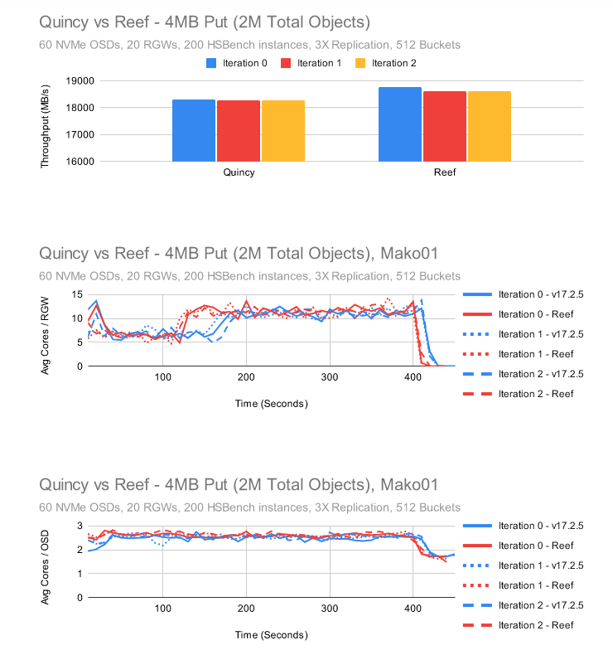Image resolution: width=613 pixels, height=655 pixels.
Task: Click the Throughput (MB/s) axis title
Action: point(46,121)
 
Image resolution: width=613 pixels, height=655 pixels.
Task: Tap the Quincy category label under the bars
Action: point(239,174)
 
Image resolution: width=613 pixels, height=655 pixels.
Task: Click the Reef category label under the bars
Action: point(445,174)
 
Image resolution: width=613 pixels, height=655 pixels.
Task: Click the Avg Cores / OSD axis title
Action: point(46,561)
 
